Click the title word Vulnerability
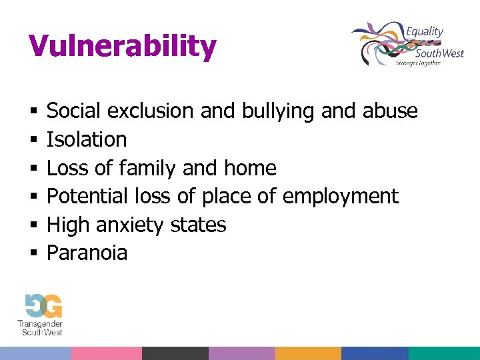coord(123,47)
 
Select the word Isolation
coord(87,139)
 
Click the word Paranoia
coord(87,253)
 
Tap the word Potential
coord(87,197)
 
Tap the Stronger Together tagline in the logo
coord(418,63)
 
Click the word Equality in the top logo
coord(424,31)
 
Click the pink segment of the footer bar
coord(106,353)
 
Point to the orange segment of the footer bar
coord(308,353)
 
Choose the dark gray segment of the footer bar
coord(175,353)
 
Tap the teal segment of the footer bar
coord(444,353)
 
